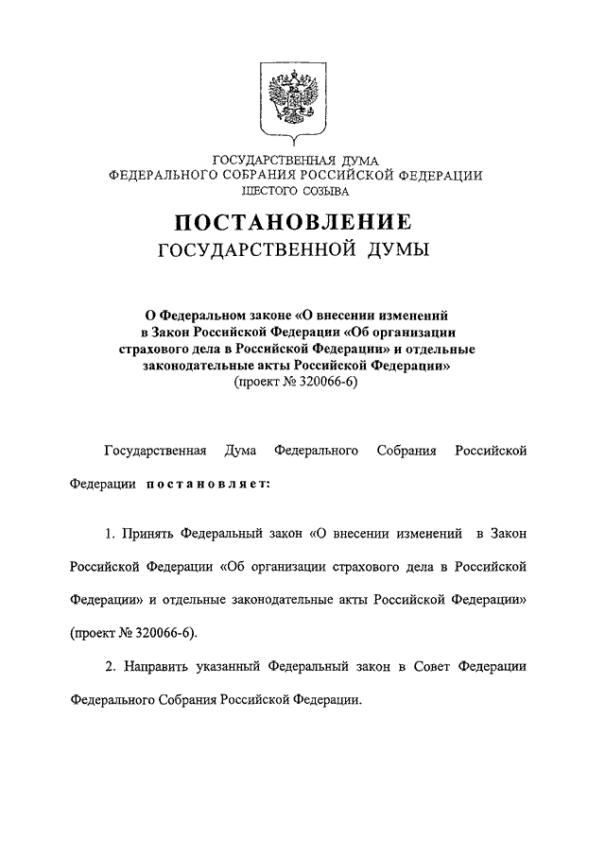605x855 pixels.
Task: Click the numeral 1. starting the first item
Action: [x=110, y=535]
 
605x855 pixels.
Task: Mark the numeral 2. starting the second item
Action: [x=110, y=667]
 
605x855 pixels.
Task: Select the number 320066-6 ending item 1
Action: [x=168, y=632]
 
